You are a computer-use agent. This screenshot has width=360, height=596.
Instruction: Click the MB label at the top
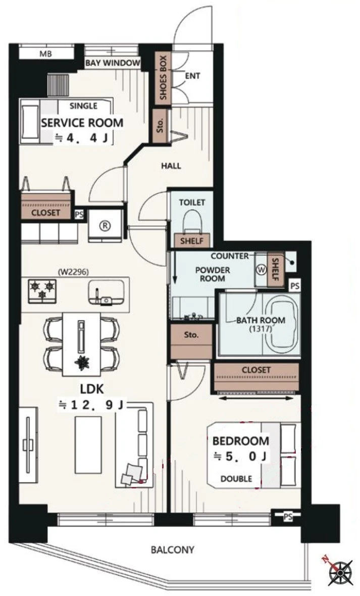coord(45,54)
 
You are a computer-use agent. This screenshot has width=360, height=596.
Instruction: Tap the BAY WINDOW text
coord(113,63)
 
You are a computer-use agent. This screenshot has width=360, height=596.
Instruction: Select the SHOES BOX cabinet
coord(163,78)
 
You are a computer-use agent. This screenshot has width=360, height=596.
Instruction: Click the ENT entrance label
coord(192,76)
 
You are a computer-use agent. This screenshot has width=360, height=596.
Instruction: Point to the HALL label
coord(171,166)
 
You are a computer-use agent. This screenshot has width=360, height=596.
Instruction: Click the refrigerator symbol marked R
coord(105,225)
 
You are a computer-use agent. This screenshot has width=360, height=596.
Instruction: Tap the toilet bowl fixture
coord(192,221)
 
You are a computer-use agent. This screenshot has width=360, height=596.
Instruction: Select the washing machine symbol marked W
coord(261,270)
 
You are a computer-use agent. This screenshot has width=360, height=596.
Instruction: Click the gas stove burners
coord(42,291)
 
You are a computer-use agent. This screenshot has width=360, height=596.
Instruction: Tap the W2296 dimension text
coord(75,272)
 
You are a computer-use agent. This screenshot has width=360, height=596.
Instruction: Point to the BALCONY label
coord(173,550)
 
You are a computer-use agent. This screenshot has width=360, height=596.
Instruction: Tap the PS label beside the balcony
coord(288,517)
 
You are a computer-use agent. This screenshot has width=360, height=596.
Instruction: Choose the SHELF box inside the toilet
coord(191,240)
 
